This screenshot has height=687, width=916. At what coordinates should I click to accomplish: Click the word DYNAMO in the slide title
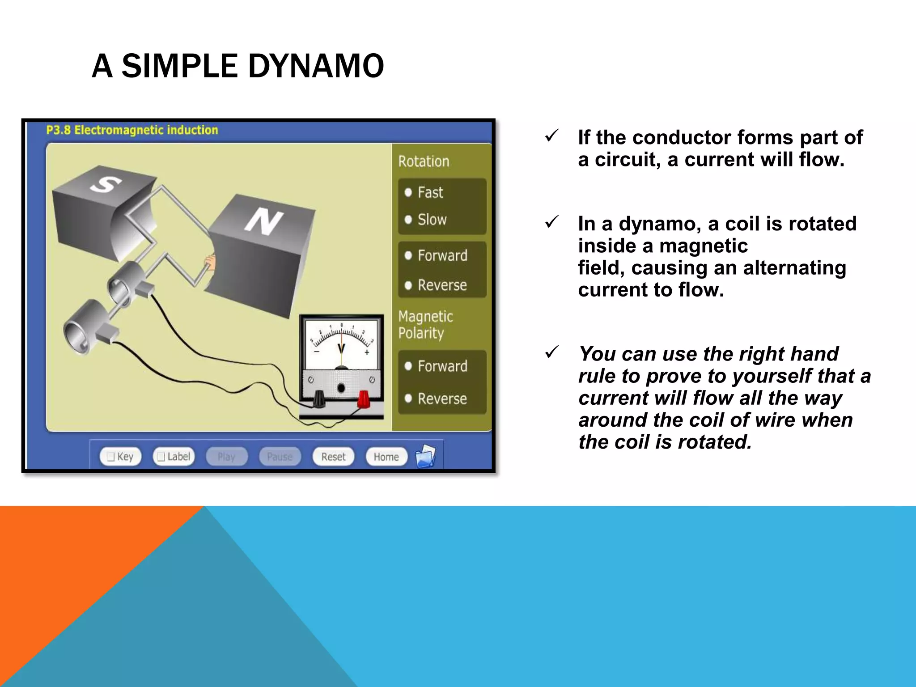click(316, 66)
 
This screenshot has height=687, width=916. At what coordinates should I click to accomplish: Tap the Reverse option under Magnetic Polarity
click(436, 399)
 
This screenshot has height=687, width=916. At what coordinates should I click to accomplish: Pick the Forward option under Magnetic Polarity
click(436, 366)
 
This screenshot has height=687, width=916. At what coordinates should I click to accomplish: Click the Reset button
click(333, 457)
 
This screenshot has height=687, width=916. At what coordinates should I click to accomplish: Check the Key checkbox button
click(120, 457)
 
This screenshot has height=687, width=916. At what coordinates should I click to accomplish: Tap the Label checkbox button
click(174, 457)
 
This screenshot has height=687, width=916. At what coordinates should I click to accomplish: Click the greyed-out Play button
click(226, 457)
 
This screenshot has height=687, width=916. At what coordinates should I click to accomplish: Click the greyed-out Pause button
click(280, 457)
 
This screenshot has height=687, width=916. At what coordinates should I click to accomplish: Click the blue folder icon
click(425, 456)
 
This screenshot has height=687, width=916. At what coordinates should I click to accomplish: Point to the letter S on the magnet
click(106, 184)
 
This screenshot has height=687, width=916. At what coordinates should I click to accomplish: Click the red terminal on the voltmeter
click(364, 399)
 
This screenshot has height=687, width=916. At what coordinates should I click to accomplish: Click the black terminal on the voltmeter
click(318, 399)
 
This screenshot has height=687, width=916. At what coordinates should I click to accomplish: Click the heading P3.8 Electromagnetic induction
click(132, 130)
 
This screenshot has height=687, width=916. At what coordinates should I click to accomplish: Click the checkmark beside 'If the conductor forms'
click(552, 136)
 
